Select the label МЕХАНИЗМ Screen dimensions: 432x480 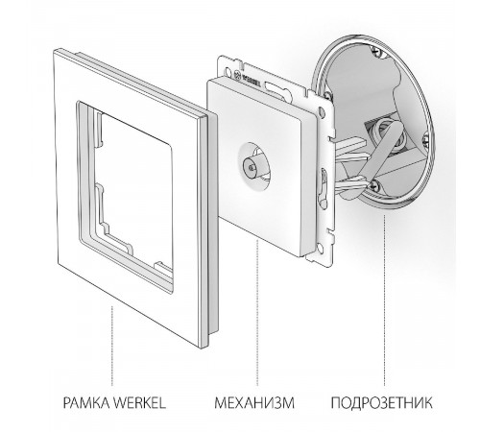(251, 395)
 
